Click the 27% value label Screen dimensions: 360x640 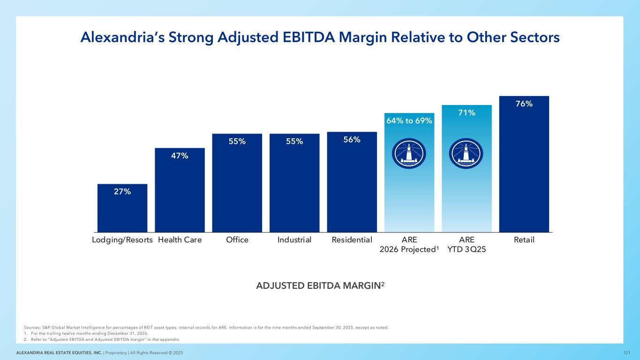point(122,191)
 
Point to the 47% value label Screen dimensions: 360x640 point(180,156)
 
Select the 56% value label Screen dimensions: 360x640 point(352,140)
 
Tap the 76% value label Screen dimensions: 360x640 point(524,104)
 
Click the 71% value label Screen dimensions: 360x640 point(467,112)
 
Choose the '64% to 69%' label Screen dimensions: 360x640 point(409,121)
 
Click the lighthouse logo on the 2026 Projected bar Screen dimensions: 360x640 point(409,154)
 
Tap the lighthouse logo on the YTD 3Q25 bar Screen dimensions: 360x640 point(466,154)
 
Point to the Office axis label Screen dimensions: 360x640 point(237,240)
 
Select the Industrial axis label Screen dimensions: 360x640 point(294,240)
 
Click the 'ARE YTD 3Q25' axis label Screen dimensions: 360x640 point(466,244)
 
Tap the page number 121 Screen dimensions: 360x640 point(626,352)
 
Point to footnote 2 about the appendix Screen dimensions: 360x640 point(103,339)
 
